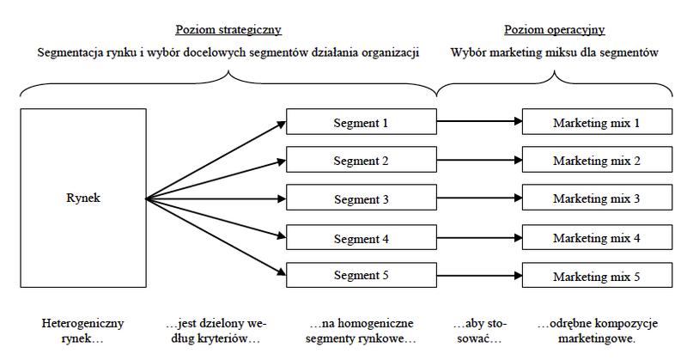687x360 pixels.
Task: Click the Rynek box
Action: pos(83,198)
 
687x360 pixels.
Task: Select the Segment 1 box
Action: pos(362,121)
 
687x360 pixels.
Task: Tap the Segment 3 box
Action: pos(362,198)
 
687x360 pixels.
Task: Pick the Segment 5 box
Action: pos(362,275)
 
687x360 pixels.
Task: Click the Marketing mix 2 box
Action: pos(597,160)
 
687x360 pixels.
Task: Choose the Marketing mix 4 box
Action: pos(597,237)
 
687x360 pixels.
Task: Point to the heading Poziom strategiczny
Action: pos(228,30)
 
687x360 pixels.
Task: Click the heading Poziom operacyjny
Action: pos(554,30)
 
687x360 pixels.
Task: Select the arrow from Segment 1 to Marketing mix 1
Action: pos(479,121)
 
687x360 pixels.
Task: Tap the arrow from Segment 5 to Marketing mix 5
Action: pos(479,276)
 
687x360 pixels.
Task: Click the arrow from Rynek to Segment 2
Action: pos(216,180)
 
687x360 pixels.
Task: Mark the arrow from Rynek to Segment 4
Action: pos(216,218)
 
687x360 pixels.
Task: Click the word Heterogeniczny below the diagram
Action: pos(82,324)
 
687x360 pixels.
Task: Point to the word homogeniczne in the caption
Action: pos(375,324)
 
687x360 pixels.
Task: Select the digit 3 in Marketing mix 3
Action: pos(636,198)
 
